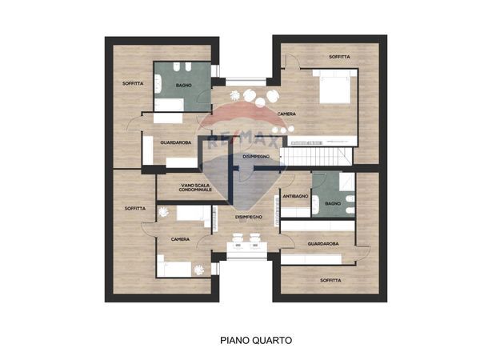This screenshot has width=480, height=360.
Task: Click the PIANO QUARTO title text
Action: click(x=256, y=340)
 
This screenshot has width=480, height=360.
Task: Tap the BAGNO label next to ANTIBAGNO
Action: click(x=333, y=204)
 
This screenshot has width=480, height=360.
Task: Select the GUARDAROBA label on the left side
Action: click(x=175, y=142)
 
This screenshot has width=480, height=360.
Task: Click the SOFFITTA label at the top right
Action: click(x=341, y=57)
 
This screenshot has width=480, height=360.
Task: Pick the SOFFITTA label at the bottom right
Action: click(x=330, y=281)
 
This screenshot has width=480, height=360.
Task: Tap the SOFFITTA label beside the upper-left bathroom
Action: click(x=134, y=83)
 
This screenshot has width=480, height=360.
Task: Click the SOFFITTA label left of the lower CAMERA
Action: click(x=135, y=209)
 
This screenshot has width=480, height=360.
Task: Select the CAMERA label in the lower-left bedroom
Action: click(x=180, y=239)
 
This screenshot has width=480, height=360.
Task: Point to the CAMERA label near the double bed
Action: click(x=286, y=114)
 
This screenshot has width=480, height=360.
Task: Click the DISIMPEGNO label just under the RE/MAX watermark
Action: click(x=255, y=157)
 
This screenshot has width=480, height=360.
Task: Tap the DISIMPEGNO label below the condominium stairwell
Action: click(x=250, y=217)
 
